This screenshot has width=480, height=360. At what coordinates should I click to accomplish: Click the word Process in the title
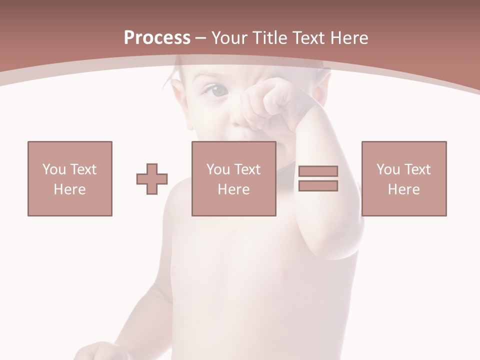coord(157,38)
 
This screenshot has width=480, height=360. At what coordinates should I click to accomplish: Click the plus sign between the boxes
coord(152,178)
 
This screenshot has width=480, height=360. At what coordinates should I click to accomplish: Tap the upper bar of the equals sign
coord(318,171)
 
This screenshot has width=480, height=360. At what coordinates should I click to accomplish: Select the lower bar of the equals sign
coord(318,186)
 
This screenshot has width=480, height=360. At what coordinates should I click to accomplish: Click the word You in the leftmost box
coord(54,169)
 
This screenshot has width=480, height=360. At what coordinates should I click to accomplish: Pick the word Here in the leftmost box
coord(69,189)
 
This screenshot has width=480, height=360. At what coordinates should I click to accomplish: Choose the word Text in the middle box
coord(247,169)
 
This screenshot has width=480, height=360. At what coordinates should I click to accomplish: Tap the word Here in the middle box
coord(233,189)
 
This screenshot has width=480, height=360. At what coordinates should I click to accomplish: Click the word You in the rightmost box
coord(388,169)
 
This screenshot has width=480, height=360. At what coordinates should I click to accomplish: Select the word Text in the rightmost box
coord(417,169)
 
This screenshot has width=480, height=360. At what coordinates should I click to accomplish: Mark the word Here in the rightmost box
coord(403,189)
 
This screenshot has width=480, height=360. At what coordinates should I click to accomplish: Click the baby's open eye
coord(215,90)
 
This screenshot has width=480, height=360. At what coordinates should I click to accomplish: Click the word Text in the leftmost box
coord(83,169)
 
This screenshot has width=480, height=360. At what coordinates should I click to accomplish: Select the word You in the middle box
coord(218,169)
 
